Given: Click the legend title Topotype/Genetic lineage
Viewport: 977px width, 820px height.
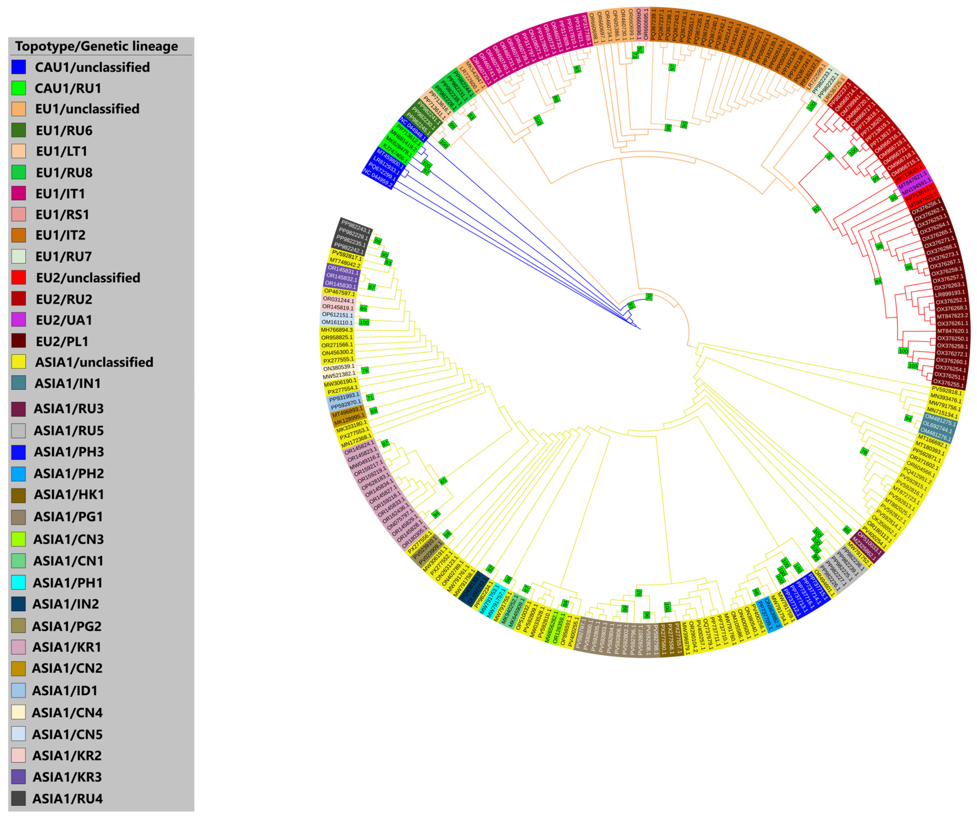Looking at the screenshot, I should click(x=96, y=46).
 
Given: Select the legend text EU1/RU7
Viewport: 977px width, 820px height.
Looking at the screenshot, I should click(x=64, y=256).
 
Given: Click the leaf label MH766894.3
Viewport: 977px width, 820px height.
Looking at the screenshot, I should click(x=337, y=330).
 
